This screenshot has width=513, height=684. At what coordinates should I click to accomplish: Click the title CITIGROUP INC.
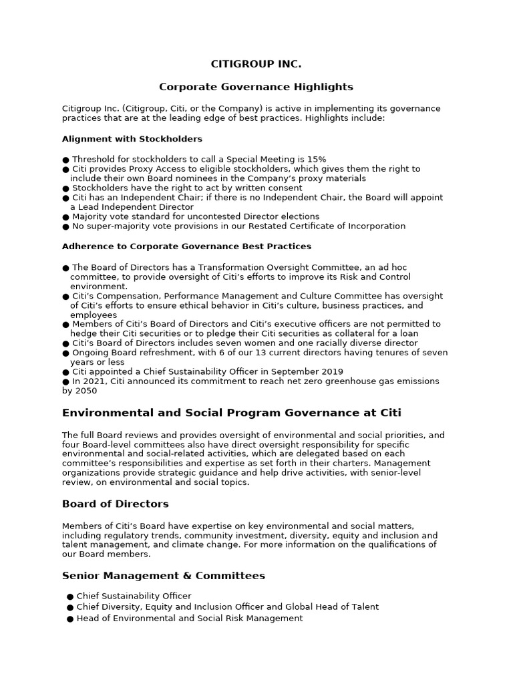tap(256, 64)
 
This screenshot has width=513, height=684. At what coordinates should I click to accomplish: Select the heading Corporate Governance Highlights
tap(256, 87)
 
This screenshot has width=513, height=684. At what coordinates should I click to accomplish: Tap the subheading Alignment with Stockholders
tap(132, 139)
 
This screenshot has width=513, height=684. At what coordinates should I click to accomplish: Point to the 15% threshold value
tap(317, 160)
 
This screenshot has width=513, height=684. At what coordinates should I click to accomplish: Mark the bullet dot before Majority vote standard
tap(65, 217)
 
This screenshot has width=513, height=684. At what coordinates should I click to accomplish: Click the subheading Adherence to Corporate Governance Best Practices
tap(186, 246)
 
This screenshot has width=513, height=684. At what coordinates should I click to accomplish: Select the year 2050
tap(87, 391)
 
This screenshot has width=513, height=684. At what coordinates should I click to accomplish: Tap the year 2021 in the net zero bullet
tap(92, 381)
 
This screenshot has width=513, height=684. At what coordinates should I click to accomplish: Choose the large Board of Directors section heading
tap(116, 504)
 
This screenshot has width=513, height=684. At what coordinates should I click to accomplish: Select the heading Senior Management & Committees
tap(164, 576)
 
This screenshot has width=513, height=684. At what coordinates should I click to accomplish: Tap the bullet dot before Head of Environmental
tap(70, 619)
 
